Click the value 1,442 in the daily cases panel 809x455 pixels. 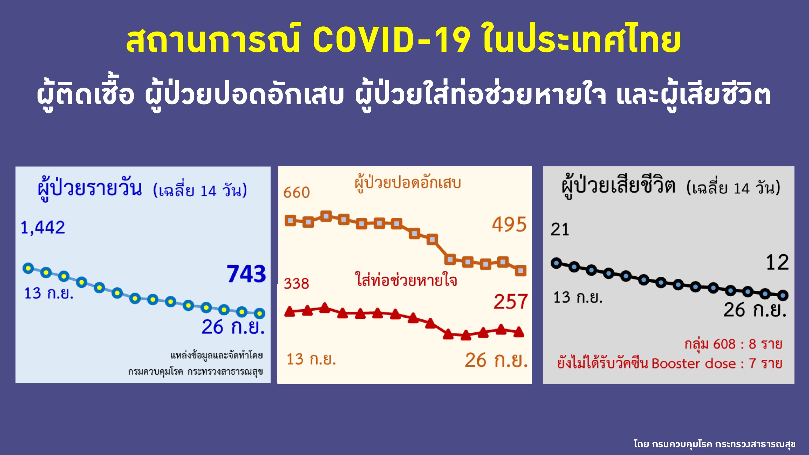pos(43,227)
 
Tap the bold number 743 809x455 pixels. pos(247,274)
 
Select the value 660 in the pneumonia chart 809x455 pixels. pos(296,192)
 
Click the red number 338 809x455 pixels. pos(296,283)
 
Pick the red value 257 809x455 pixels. pos(510,301)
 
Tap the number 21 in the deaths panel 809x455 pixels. pos(560,229)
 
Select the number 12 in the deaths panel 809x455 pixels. pos(777,262)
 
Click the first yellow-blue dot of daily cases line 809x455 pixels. pos(28,268)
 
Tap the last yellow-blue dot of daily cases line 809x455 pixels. pos(260,313)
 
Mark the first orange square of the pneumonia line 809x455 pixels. pos(291,221)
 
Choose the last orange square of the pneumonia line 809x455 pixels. pos(521,270)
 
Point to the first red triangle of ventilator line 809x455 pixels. pos(290,312)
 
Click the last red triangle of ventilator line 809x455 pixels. pos(519,332)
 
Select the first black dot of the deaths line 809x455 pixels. pos(556,263)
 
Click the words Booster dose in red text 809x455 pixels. pos(693,364)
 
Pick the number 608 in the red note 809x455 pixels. pos(724,344)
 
